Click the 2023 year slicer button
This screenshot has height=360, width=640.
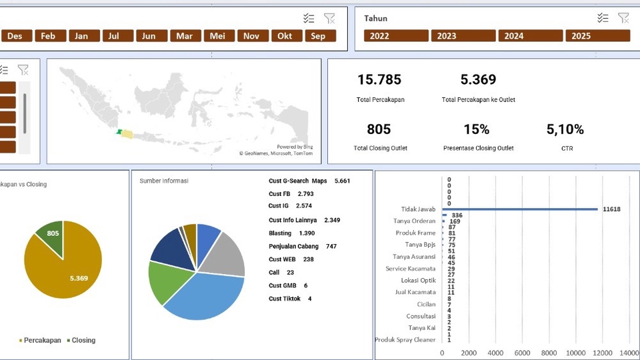point(463,36)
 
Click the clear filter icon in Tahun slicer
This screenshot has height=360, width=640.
point(623,18)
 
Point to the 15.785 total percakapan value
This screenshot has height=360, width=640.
point(379,80)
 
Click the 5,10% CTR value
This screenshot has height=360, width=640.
point(565,129)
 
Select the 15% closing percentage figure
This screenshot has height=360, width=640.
point(477,129)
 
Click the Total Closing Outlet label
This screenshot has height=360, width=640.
point(380,148)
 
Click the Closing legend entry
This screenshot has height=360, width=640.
point(83,340)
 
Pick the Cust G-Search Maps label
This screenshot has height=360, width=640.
point(298,181)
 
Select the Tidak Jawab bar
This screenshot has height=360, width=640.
point(520,209)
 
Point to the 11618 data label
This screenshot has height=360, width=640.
point(611,209)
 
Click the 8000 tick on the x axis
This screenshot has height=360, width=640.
point(549,353)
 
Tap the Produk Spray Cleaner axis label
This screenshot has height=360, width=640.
point(405,340)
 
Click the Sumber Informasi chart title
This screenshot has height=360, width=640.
point(164,181)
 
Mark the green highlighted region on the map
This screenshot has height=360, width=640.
point(119,132)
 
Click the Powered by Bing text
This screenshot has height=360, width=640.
point(295,147)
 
